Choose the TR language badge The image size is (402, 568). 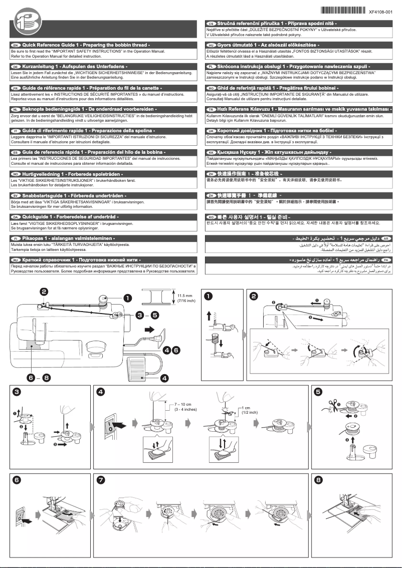[211, 109]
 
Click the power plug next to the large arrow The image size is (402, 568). [161, 336]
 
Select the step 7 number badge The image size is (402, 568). [101, 480]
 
